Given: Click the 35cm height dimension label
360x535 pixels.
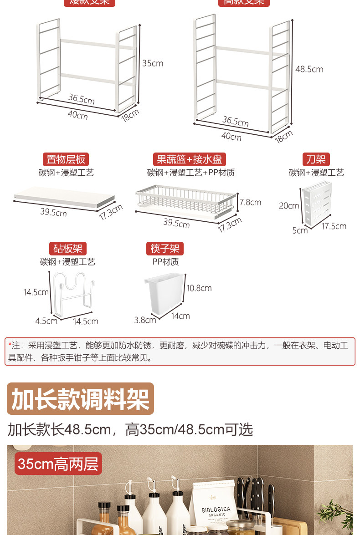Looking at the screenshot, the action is point(152,63).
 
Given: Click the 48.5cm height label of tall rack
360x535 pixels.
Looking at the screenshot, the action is point(309,69).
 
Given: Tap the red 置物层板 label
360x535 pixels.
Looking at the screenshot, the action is point(66,159).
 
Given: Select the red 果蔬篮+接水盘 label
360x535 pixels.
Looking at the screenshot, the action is point(189,159).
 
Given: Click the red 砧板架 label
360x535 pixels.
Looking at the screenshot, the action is point(67,249).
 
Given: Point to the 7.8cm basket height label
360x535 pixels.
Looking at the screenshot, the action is point(250,202).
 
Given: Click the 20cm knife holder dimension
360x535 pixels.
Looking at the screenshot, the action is point(288,206).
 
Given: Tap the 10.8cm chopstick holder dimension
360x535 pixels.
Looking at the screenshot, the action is point(199,288).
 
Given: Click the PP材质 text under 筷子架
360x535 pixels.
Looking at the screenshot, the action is point(165,262).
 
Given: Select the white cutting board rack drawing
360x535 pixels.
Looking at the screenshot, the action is point(73,294).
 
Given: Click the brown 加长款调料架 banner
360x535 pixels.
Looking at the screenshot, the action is point(81,398).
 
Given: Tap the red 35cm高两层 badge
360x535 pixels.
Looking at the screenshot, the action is point(58,464).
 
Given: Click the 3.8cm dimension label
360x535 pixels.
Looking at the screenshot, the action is point(145,320).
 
